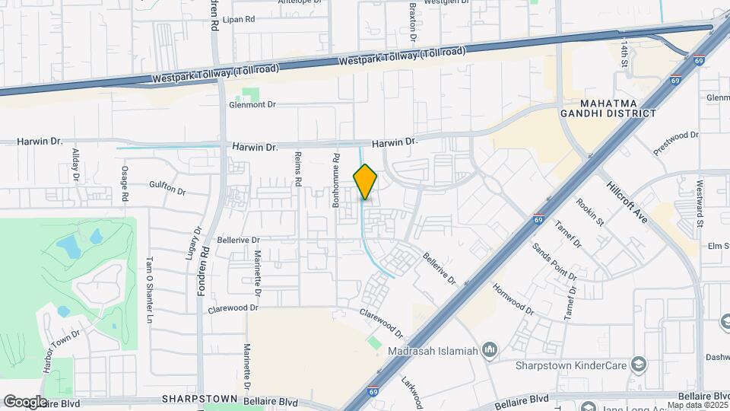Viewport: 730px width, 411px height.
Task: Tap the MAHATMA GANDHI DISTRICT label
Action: coord(617,108)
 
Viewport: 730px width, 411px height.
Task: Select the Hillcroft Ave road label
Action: coord(627,202)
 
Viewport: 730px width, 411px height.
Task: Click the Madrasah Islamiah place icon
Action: coord(490,351)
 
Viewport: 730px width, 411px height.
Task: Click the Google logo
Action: coord(25,401)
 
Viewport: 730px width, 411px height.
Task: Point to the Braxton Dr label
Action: coord(413,23)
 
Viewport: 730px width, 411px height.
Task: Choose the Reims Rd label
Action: coord(299,170)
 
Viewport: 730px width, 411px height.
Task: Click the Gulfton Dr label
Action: coord(167,187)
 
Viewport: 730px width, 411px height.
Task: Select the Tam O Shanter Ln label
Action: coord(150,279)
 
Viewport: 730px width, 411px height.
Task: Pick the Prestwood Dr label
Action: coord(676,144)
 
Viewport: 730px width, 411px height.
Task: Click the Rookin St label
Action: coord(590,212)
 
